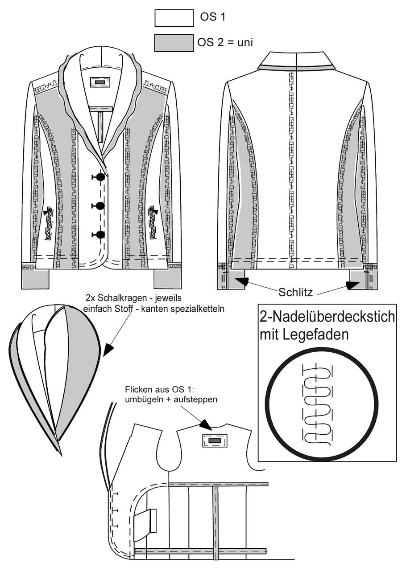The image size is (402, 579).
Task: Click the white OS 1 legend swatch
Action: click(x=174, y=18)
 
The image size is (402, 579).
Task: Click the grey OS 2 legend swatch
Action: click(x=174, y=43)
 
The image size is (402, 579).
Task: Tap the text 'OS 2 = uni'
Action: click(x=225, y=42)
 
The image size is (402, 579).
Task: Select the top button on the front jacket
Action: click(x=100, y=176)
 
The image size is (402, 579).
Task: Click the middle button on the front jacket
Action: click(x=100, y=205)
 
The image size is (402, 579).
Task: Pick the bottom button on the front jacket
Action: click(x=100, y=234)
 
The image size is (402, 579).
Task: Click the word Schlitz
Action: click(x=295, y=292)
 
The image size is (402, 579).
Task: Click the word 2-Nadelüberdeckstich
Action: click(x=327, y=317)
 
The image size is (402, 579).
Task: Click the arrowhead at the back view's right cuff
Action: click(x=353, y=285)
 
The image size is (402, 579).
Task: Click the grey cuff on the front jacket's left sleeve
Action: click(x=35, y=279)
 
